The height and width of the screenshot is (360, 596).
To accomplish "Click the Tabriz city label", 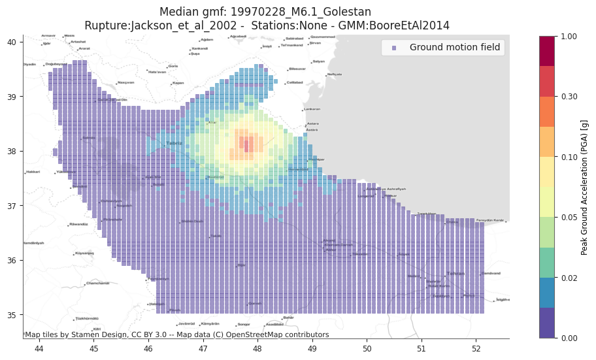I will tap(174, 142).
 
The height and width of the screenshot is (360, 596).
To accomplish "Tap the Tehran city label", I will tap(455, 274).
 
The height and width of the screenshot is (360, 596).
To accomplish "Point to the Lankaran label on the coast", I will tap(312, 109).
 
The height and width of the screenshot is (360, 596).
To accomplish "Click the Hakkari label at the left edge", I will tap(33, 172).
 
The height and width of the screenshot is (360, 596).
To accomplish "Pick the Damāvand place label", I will tap(491, 273).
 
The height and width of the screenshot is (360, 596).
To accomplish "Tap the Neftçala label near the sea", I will tap(335, 74).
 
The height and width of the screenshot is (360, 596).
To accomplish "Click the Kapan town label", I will tap(178, 83).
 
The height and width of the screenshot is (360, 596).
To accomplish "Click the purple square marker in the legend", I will tap(393, 48).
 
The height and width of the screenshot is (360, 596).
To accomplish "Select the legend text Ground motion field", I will tap(455, 47).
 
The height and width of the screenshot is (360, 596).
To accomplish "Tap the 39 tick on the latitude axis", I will tap(12, 97).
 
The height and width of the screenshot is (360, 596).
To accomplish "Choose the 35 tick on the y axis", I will tap(12, 315).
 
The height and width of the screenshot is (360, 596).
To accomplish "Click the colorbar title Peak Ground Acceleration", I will tap(585, 187).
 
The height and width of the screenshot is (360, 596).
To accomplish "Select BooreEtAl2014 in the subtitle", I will tap(418, 25).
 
